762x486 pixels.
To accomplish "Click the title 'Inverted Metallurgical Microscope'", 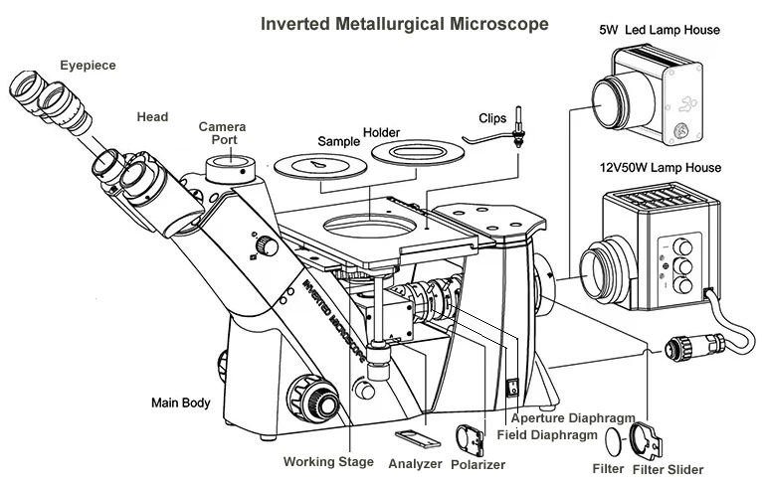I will [x=403, y=23].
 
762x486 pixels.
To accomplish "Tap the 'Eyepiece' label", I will [x=87, y=66].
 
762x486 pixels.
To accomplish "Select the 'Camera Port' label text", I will [x=222, y=133].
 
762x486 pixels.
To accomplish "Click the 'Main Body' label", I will [x=180, y=404].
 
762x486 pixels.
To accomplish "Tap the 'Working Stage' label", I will [x=328, y=462].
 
